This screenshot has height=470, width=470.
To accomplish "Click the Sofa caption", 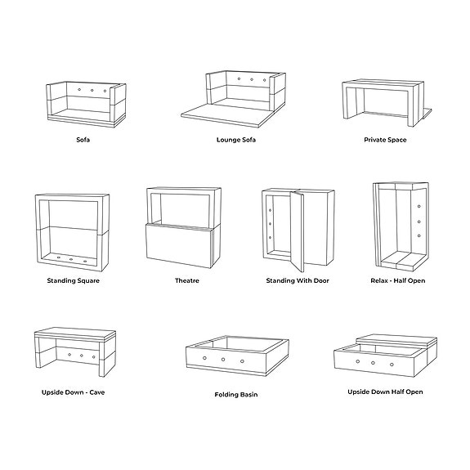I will tap(83, 140).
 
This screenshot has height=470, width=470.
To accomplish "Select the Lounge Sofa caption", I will tap(235, 140).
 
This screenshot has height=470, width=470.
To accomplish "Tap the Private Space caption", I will tap(385, 140).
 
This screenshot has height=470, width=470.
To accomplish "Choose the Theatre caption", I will tap(187, 280).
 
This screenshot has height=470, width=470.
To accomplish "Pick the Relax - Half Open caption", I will tap(397, 280).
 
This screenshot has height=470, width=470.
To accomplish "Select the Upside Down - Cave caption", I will tap(74, 392).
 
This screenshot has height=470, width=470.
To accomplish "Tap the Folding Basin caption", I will tap(235, 394).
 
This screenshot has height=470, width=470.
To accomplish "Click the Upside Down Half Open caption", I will tap(386, 392).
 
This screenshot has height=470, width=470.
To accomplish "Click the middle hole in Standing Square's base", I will tap(71, 260).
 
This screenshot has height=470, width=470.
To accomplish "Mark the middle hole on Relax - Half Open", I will tap(419, 222).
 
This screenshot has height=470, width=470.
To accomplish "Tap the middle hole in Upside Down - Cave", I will tap(83, 355).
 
